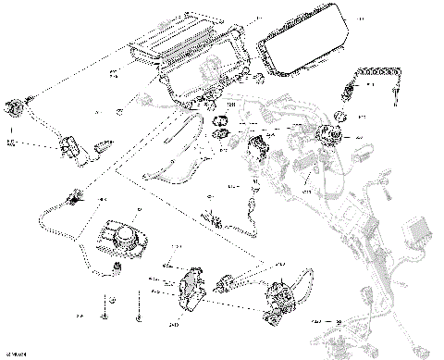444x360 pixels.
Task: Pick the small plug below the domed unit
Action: [117, 268]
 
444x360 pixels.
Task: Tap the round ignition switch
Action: [327, 134]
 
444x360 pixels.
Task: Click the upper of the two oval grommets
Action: [222, 121]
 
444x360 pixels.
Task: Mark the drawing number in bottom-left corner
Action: [17, 353]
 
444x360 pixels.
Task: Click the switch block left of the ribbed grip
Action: [68, 145]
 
